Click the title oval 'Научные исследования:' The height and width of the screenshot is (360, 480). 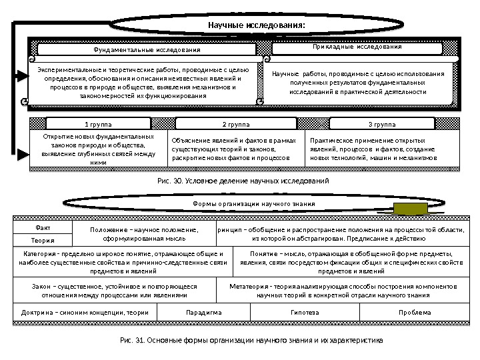(257, 25)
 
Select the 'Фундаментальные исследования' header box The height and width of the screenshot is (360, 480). (146, 50)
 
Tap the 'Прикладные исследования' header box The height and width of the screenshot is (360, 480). (357, 48)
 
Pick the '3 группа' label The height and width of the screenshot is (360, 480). (381, 125)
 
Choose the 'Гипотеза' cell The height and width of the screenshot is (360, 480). (305, 312)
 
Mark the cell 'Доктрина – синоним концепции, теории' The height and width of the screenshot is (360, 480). (85, 312)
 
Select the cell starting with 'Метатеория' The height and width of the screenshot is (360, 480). (343, 291)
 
